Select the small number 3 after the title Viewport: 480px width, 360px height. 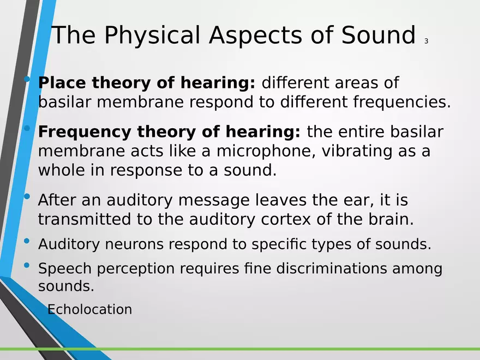425,41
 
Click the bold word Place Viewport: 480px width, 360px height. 62,83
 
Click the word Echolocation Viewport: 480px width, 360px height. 90,310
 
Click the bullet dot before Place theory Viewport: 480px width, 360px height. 28,81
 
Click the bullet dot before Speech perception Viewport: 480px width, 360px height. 28,266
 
